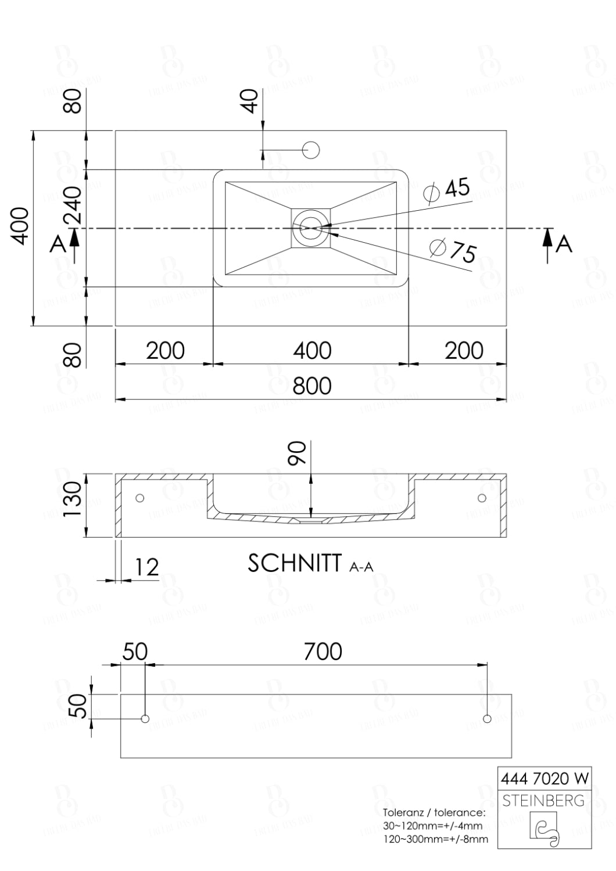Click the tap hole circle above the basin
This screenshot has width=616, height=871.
(311, 150)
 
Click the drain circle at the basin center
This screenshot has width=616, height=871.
(310, 228)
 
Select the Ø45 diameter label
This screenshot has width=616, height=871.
(447, 190)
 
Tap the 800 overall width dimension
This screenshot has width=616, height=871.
(311, 386)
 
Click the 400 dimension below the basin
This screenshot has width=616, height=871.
(311, 351)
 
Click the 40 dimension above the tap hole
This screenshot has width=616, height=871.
(250, 102)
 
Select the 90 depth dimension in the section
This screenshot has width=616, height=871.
(298, 454)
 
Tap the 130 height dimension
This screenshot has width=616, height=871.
(73, 501)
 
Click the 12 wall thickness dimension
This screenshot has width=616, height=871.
(146, 567)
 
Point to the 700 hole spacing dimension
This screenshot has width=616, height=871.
(323, 652)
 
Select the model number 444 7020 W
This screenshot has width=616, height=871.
(545, 778)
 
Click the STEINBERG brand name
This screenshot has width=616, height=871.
(543, 801)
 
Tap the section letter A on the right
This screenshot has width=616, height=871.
(564, 244)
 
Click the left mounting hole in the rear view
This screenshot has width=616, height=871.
(145, 719)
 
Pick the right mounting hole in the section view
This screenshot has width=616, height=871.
(481, 498)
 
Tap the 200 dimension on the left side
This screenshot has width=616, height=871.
(165, 351)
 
